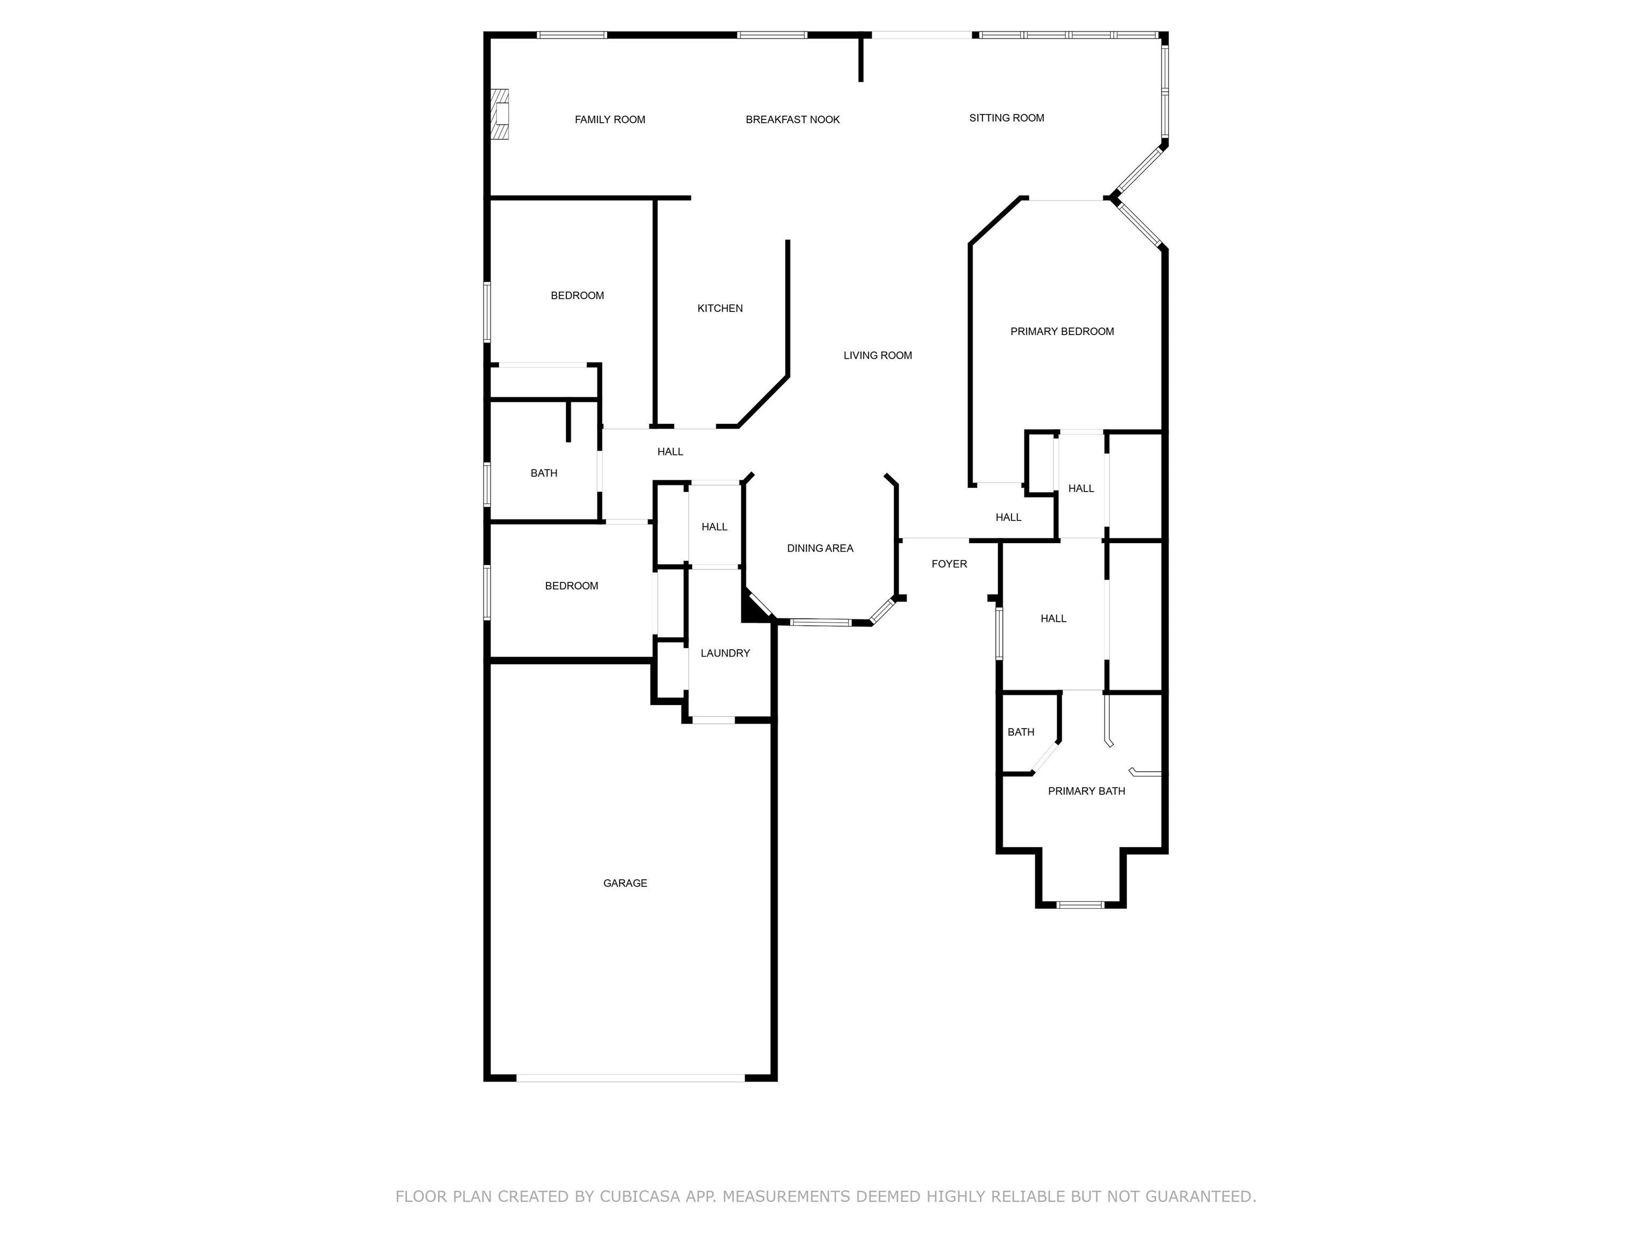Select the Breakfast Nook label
[793, 119]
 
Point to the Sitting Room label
[1006, 118]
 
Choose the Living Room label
[878, 355]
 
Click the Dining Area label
[820, 548]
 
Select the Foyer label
[949, 564]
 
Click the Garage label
[624, 883]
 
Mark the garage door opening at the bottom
[630, 1078]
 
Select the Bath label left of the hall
[544, 473]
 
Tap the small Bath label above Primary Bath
[1020, 732]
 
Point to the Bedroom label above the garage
[571, 586]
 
